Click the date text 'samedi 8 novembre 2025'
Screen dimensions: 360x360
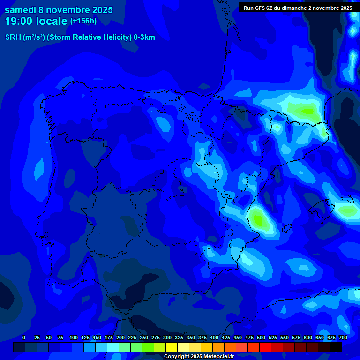(x=59, y=10)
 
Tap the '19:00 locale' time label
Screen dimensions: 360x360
(x=36, y=22)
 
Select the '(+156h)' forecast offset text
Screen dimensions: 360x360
(x=83, y=21)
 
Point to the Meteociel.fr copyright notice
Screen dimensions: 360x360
(x=199, y=356)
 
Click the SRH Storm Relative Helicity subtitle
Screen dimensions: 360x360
(x=80, y=37)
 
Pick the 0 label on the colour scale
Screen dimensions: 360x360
(x=24, y=337)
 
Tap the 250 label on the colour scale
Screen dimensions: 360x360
(x=144, y=337)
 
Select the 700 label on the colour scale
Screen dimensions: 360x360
(x=343, y=337)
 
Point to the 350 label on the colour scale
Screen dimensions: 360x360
(x=191, y=337)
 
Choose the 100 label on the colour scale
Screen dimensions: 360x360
(x=74, y=337)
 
